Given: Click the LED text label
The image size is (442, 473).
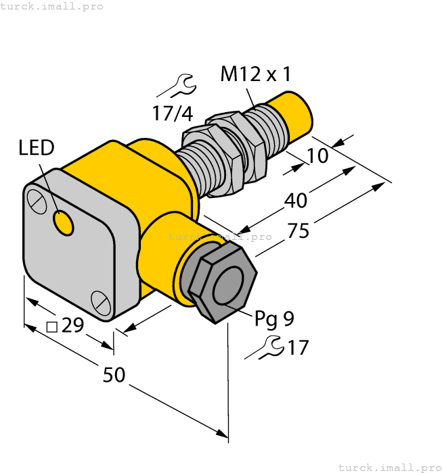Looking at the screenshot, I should click(x=37, y=147).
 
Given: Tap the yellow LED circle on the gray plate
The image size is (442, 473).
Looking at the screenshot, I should click(x=64, y=222).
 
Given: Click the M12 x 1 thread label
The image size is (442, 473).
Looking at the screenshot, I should click(x=256, y=74).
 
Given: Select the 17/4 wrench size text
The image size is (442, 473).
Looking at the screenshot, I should click(x=172, y=114).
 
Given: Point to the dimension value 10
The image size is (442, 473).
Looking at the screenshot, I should click(x=317, y=156).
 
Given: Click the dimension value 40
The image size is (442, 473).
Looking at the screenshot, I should click(x=295, y=200).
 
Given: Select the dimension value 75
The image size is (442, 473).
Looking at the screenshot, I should click(x=299, y=231).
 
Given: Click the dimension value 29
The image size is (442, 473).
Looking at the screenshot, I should click(x=72, y=326).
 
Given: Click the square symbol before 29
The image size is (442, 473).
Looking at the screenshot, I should click(x=51, y=327).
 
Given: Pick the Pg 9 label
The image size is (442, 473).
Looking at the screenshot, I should click(x=274, y=318).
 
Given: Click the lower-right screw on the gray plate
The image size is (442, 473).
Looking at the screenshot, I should click(x=101, y=302).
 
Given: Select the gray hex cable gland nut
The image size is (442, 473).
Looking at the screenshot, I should click(x=222, y=283).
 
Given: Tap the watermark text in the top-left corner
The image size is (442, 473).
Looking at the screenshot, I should click(x=52, y=6).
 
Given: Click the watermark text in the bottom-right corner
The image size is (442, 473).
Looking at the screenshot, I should click(x=389, y=467).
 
